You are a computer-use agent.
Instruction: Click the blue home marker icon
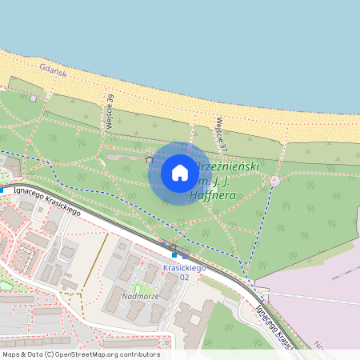tap(180, 173)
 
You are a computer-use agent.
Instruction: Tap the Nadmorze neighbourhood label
tap(138, 296)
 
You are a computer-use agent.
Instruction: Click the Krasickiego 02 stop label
tap(185, 272)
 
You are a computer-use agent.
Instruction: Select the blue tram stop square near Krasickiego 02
tap(174, 255)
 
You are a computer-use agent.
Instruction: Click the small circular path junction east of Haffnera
tap(275, 181)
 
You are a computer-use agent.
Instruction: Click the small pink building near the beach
tap(33, 98)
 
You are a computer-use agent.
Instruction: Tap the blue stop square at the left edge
tap(2, 190)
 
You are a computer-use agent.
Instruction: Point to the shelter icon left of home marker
tap(149, 159)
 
